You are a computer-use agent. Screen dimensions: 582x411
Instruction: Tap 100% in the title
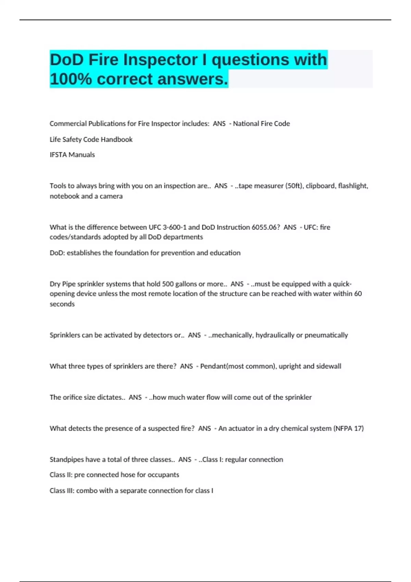[71, 79]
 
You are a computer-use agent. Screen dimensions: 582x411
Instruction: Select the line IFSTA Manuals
[72, 155]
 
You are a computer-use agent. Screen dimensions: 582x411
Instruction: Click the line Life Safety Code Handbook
[91, 139]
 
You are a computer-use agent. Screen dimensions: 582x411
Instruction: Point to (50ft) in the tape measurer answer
[294, 186]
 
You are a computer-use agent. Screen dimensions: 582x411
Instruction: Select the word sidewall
[328, 366]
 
